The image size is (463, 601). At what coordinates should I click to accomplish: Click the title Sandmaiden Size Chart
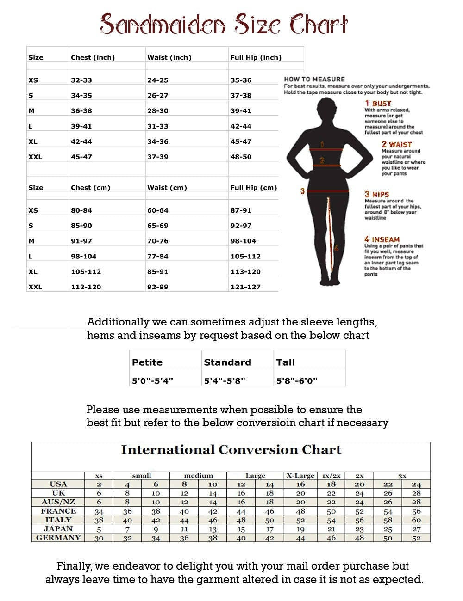tap(224, 24)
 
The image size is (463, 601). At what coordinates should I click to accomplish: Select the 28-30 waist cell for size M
tap(158, 111)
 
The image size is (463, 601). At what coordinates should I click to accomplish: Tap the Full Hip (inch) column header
tap(256, 57)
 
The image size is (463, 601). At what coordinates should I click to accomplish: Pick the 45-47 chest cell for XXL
tap(81, 157)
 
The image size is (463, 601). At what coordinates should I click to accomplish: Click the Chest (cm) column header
tap(90, 188)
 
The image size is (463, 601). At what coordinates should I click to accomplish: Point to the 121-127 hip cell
tap(245, 287)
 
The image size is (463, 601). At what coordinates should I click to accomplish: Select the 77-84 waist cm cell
tap(158, 256)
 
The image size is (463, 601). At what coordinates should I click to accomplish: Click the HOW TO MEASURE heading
tap(314, 79)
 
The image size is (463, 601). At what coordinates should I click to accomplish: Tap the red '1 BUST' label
tap(378, 104)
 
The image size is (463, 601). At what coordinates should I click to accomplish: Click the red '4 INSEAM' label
tap(382, 239)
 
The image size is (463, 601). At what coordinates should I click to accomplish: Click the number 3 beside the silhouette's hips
tap(302, 191)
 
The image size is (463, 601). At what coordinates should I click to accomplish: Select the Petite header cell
tap(147, 362)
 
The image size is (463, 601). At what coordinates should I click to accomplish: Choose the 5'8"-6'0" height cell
tap(297, 381)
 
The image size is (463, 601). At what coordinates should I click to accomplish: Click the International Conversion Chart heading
tap(231, 450)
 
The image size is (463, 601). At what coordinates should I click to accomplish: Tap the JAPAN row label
tap(58, 529)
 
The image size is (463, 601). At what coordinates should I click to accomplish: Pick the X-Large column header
tap(300, 475)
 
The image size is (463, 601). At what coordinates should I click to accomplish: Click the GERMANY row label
tap(58, 538)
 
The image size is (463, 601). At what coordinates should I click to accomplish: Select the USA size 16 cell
tap(300, 484)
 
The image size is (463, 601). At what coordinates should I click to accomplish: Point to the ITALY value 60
tap(416, 520)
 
